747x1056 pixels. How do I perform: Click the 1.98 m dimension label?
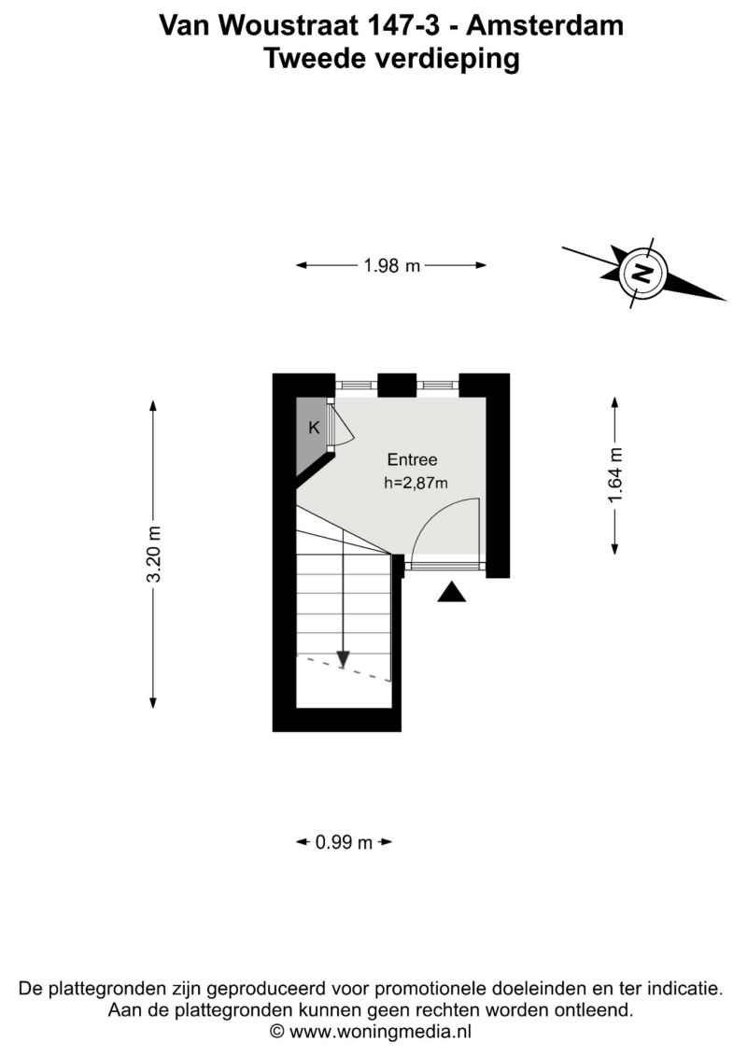pos(391,266)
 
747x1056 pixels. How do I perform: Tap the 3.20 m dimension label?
pos(154,555)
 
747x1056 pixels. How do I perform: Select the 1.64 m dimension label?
pos(615,475)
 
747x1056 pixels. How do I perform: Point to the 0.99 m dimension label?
pos(344,842)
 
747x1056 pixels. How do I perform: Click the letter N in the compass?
pos(642,274)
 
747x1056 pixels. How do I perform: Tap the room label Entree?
pos(412,460)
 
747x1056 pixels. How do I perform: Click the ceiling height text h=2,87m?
pos(416,483)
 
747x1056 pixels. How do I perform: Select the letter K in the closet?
pos(314,427)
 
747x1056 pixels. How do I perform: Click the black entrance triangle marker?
pos(451,593)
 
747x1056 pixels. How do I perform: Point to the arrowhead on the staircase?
pos(343,659)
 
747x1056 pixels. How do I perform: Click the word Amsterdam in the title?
pos(545,25)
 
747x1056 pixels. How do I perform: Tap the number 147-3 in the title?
pos(403,25)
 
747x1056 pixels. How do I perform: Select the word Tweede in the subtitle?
pos(315,58)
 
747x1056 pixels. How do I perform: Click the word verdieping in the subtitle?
pos(447,59)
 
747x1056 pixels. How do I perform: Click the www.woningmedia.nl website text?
pos(380,1031)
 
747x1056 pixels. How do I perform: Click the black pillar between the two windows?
pos(397,385)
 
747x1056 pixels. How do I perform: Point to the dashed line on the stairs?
pos(344,669)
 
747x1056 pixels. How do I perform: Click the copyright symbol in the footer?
pos(277,1031)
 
